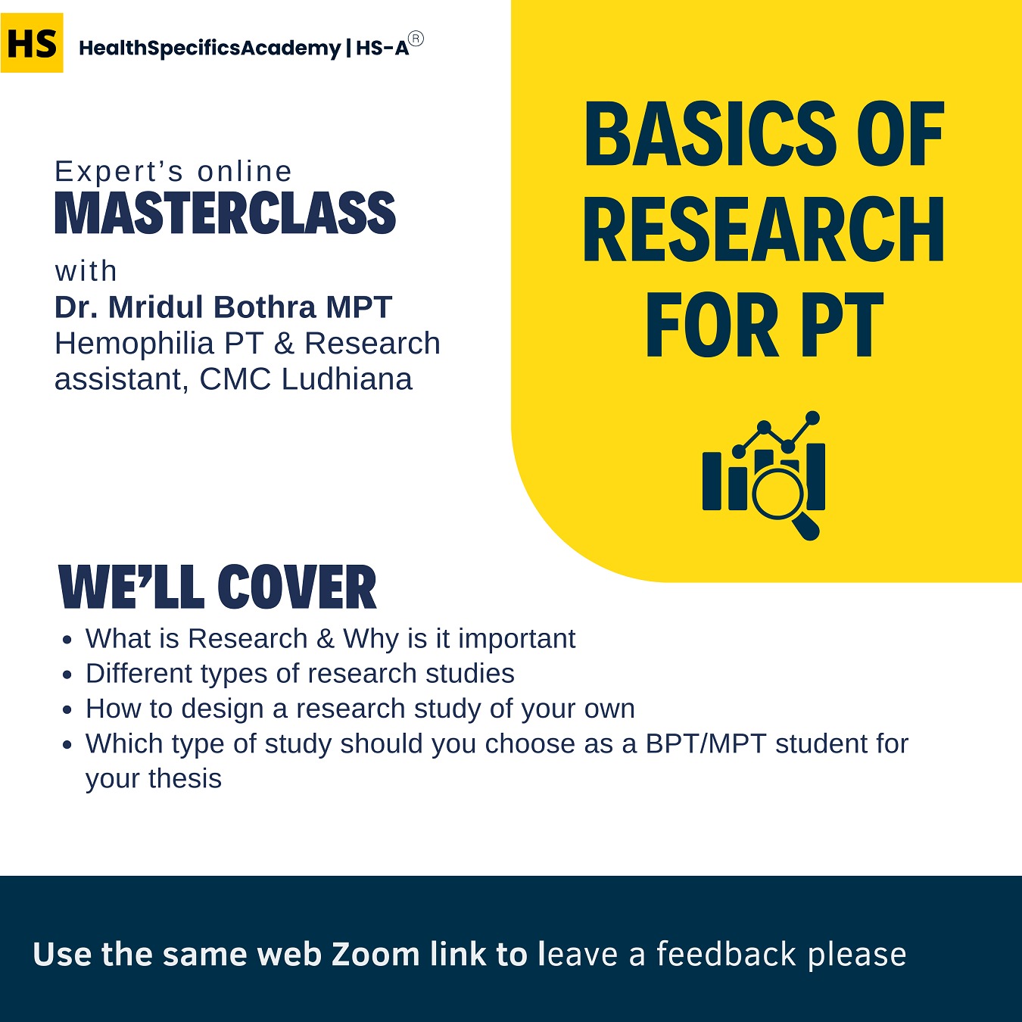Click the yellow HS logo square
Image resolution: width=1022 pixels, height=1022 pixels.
click(x=32, y=43)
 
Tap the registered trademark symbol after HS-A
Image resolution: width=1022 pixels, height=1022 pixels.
click(x=416, y=39)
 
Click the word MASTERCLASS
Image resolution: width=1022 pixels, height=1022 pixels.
click(x=226, y=214)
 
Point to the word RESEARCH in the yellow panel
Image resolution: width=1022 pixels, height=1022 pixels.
click(x=764, y=230)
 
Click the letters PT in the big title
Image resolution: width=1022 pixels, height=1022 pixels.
click(x=842, y=326)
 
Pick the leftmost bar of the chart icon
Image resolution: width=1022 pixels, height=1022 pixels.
click(x=712, y=481)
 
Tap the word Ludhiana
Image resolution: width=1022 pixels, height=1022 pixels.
click(x=347, y=379)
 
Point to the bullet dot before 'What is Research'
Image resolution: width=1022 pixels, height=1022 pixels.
click(x=68, y=640)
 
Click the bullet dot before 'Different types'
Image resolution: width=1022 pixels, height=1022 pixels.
click(x=68, y=675)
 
